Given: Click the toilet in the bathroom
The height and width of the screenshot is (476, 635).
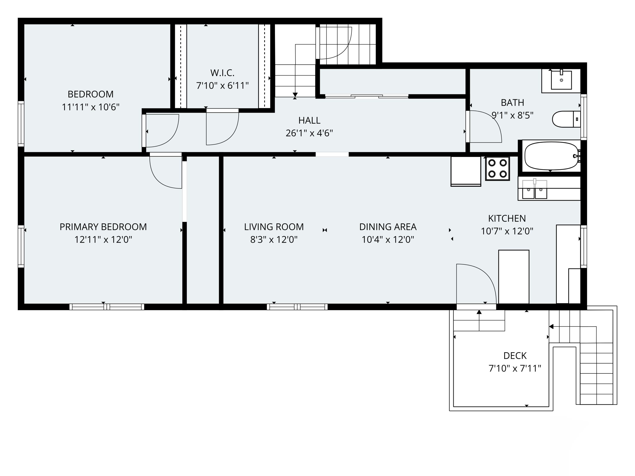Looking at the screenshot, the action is point(566,119).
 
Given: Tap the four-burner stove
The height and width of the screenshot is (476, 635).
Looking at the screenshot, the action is point(497,168).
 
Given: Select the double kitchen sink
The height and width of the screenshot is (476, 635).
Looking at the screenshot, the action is point(534,189).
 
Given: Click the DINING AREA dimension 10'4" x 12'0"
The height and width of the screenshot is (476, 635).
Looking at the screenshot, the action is point(388,239).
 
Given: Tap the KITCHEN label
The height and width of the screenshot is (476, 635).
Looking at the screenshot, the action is point(507,218).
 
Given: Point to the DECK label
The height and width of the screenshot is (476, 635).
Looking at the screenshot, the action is point(515,356).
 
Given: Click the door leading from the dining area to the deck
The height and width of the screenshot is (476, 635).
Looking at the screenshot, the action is point(476,307).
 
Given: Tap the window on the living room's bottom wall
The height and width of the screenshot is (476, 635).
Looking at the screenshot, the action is point(297,307).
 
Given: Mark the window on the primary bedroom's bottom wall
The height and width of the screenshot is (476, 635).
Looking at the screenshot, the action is point(107,307).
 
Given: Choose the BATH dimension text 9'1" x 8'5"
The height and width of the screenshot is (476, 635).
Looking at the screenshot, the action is point(512,115).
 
